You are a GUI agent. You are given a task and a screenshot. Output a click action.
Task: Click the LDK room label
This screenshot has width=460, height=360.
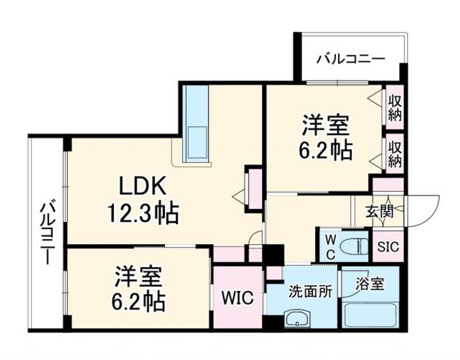click(x=142, y=186)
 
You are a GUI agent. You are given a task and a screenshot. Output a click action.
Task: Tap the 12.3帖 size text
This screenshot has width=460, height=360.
click(x=143, y=214)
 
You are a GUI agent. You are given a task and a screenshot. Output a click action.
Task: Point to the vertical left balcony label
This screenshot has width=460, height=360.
click(x=47, y=234)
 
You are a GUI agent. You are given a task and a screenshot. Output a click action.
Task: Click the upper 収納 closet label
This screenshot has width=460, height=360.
click(x=395, y=108)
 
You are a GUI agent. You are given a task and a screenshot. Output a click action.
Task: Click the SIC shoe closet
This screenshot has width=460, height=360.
click(x=388, y=247)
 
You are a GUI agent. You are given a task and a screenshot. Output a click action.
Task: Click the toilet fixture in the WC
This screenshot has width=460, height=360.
click(x=355, y=246)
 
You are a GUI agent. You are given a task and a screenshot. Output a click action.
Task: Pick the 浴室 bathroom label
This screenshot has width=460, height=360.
click(x=370, y=284)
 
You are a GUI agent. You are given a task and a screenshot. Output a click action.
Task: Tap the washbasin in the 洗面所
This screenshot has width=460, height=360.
click(x=297, y=318)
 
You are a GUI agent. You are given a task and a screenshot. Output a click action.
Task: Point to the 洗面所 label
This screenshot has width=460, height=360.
click(x=310, y=292)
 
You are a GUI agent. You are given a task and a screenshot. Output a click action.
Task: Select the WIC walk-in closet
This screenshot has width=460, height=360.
click(x=237, y=298)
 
